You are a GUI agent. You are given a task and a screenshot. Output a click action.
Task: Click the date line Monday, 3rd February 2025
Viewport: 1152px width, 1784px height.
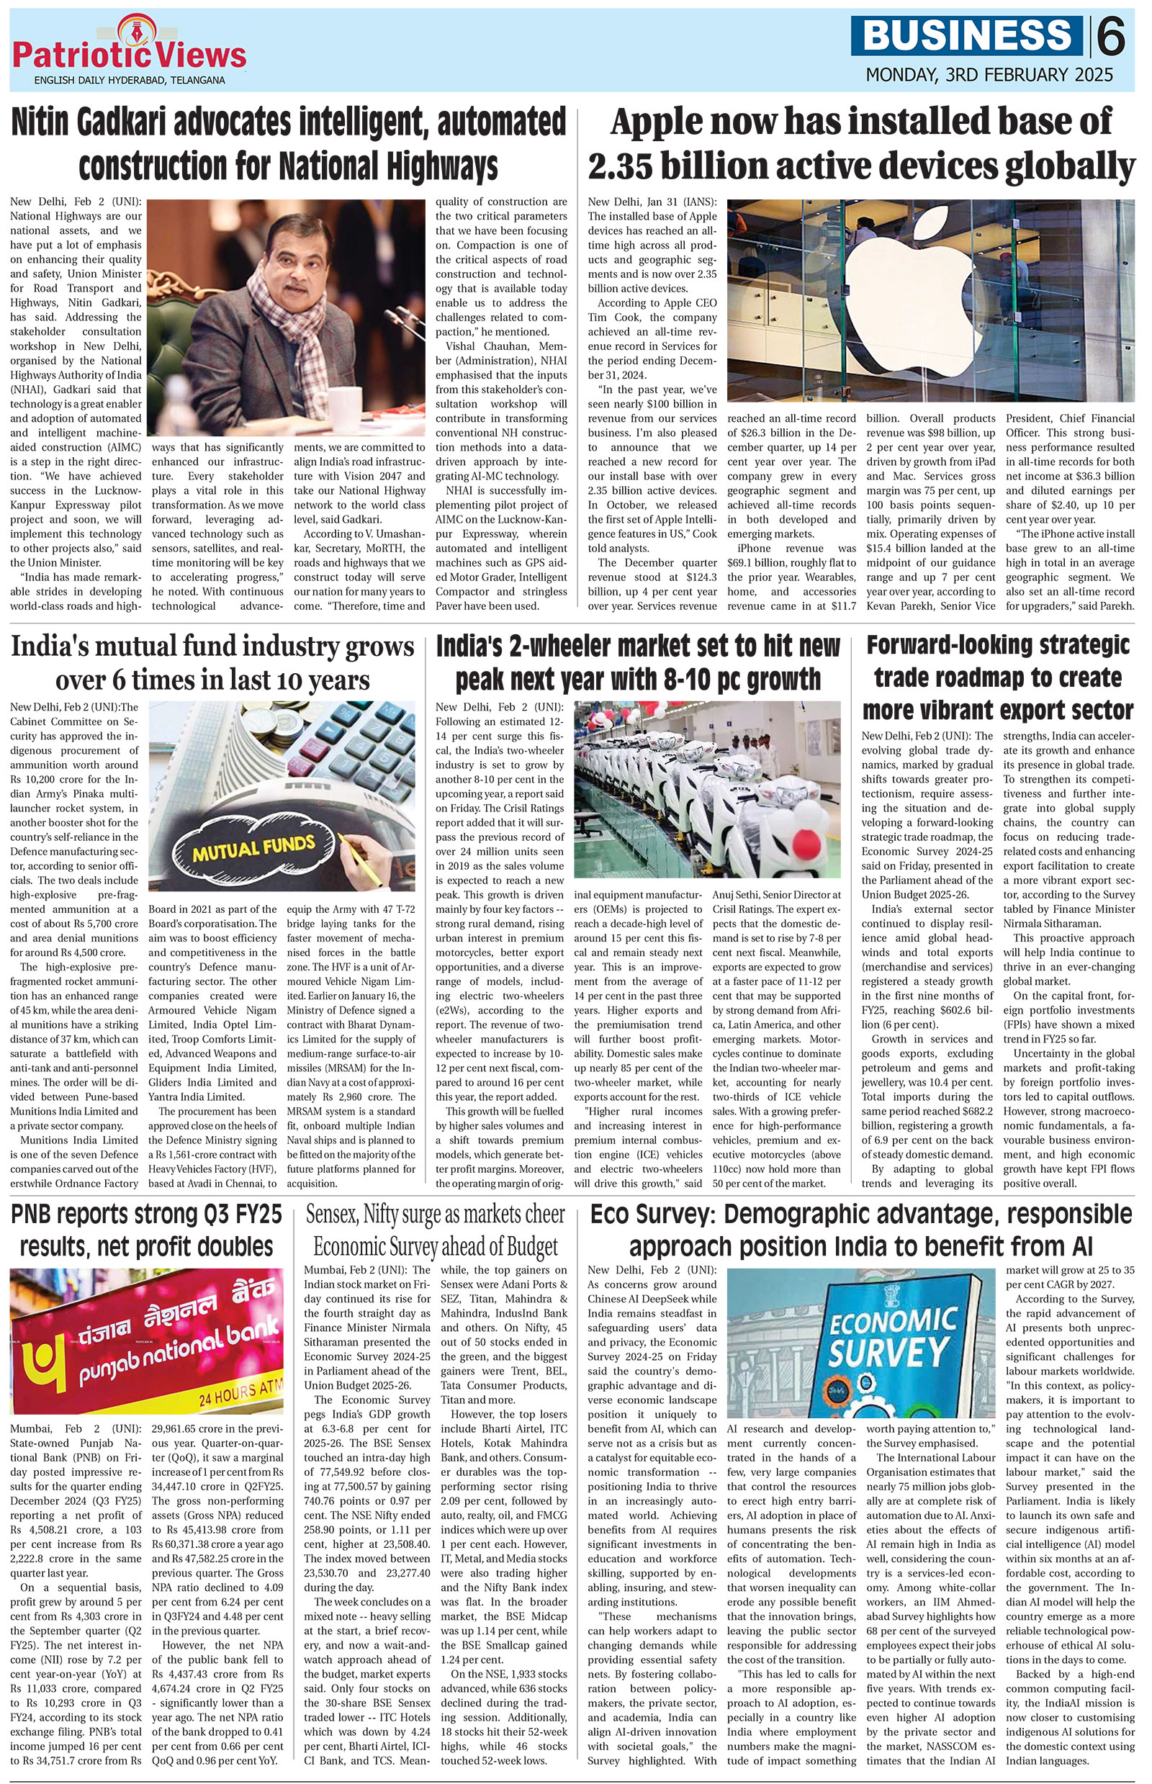(989, 75)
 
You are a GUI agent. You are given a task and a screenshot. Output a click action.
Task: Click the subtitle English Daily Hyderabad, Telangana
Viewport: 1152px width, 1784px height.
(129, 80)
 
